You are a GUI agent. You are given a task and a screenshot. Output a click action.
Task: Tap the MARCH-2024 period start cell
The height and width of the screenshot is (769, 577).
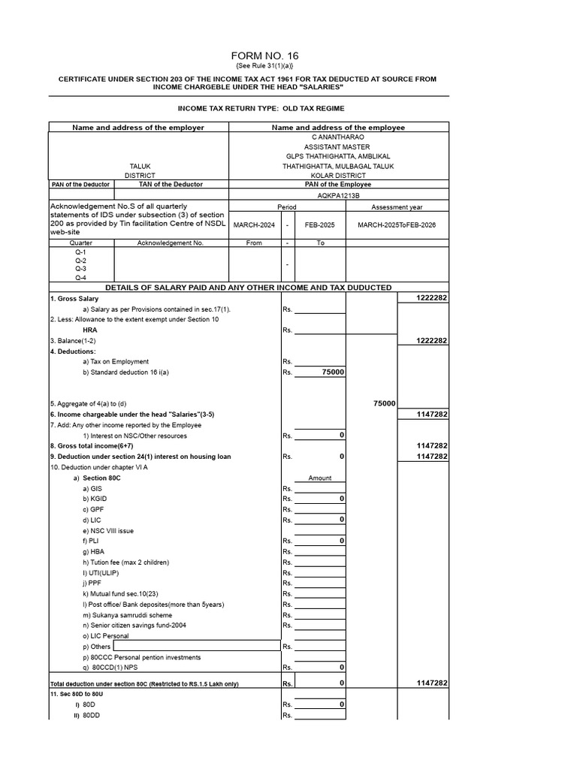coord(255,224)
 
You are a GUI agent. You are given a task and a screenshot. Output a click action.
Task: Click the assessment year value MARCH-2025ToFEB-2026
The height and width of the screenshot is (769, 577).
coord(397,224)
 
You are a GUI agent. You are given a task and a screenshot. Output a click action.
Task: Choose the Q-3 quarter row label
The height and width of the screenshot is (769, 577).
coord(80,268)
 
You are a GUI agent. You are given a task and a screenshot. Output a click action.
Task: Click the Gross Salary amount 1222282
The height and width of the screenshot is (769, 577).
coord(432,298)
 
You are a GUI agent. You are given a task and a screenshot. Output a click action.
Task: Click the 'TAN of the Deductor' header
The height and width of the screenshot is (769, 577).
coord(171,184)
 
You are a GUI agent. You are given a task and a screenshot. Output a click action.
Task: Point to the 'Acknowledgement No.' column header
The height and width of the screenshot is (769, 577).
coord(171,243)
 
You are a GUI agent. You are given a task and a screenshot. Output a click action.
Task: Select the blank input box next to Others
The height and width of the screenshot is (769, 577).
coord(197,646)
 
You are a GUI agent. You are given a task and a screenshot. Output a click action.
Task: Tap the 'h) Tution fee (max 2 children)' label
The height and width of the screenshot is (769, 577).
coord(125,562)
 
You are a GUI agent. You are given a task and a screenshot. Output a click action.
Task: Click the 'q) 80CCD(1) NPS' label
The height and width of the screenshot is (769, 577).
coord(111,667)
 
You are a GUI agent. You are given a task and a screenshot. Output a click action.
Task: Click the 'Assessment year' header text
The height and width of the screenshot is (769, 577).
coord(397,207)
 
